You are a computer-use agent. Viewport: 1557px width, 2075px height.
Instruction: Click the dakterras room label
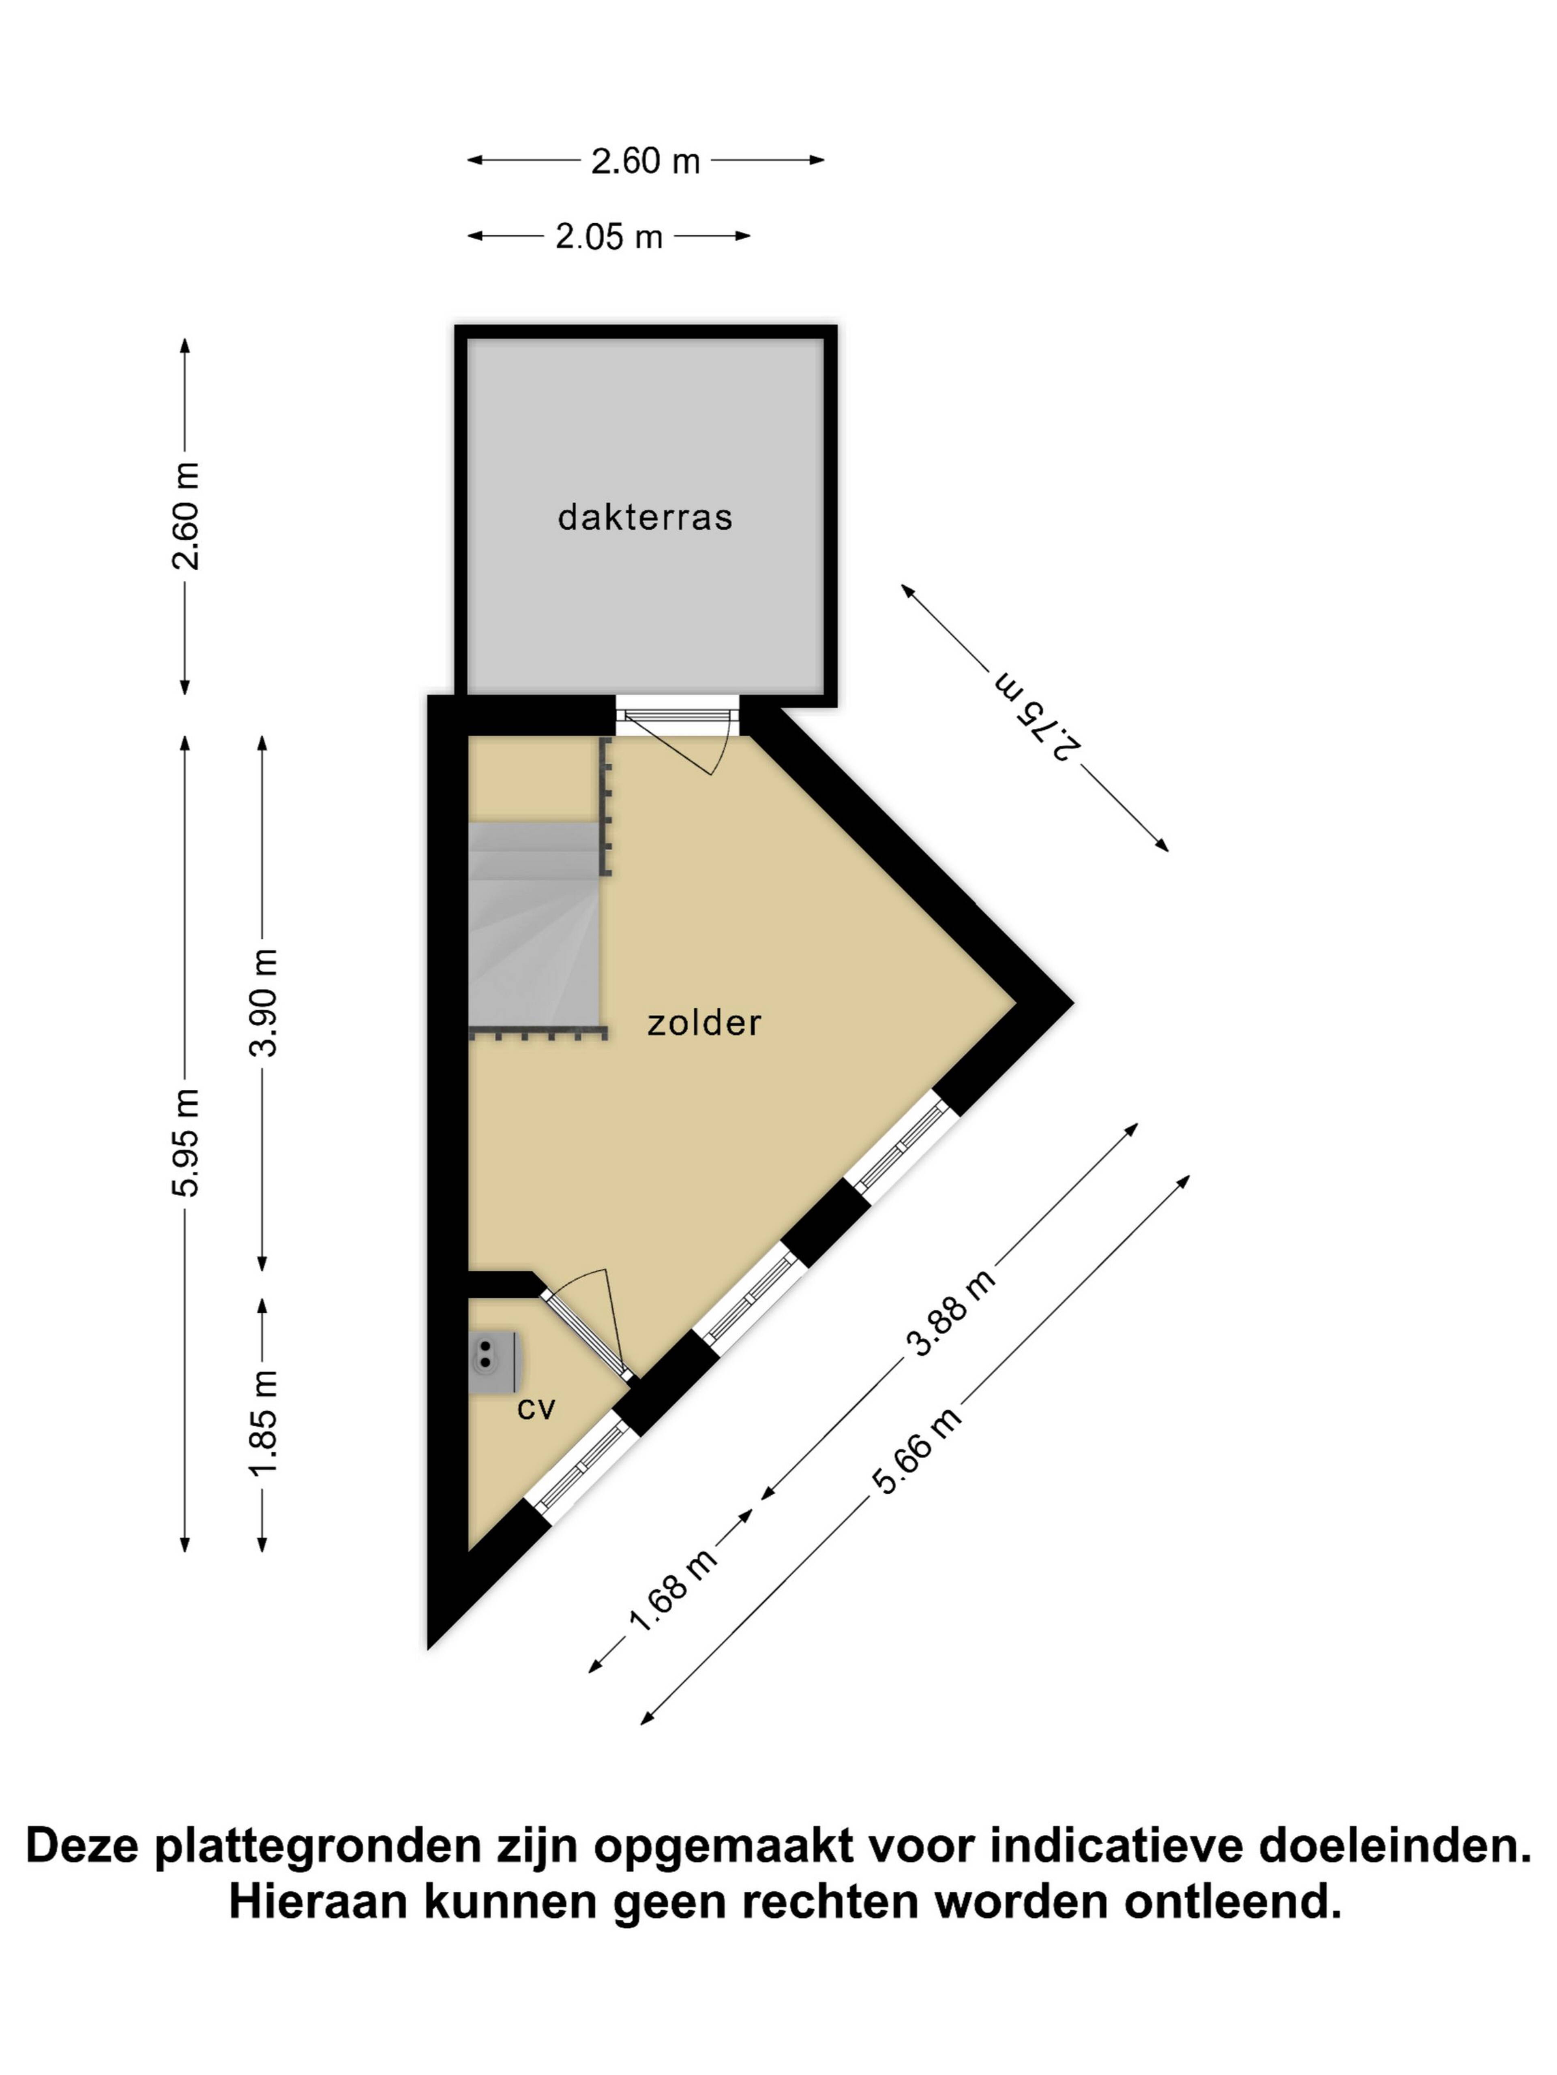click(645, 517)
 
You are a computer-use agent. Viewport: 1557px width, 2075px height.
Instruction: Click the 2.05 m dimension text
click(609, 236)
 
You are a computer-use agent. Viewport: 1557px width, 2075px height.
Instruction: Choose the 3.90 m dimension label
click(264, 1002)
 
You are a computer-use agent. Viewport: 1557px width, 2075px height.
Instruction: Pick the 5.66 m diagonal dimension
click(917, 1449)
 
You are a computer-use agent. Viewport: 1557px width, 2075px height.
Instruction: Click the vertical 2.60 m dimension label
click(186, 516)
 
